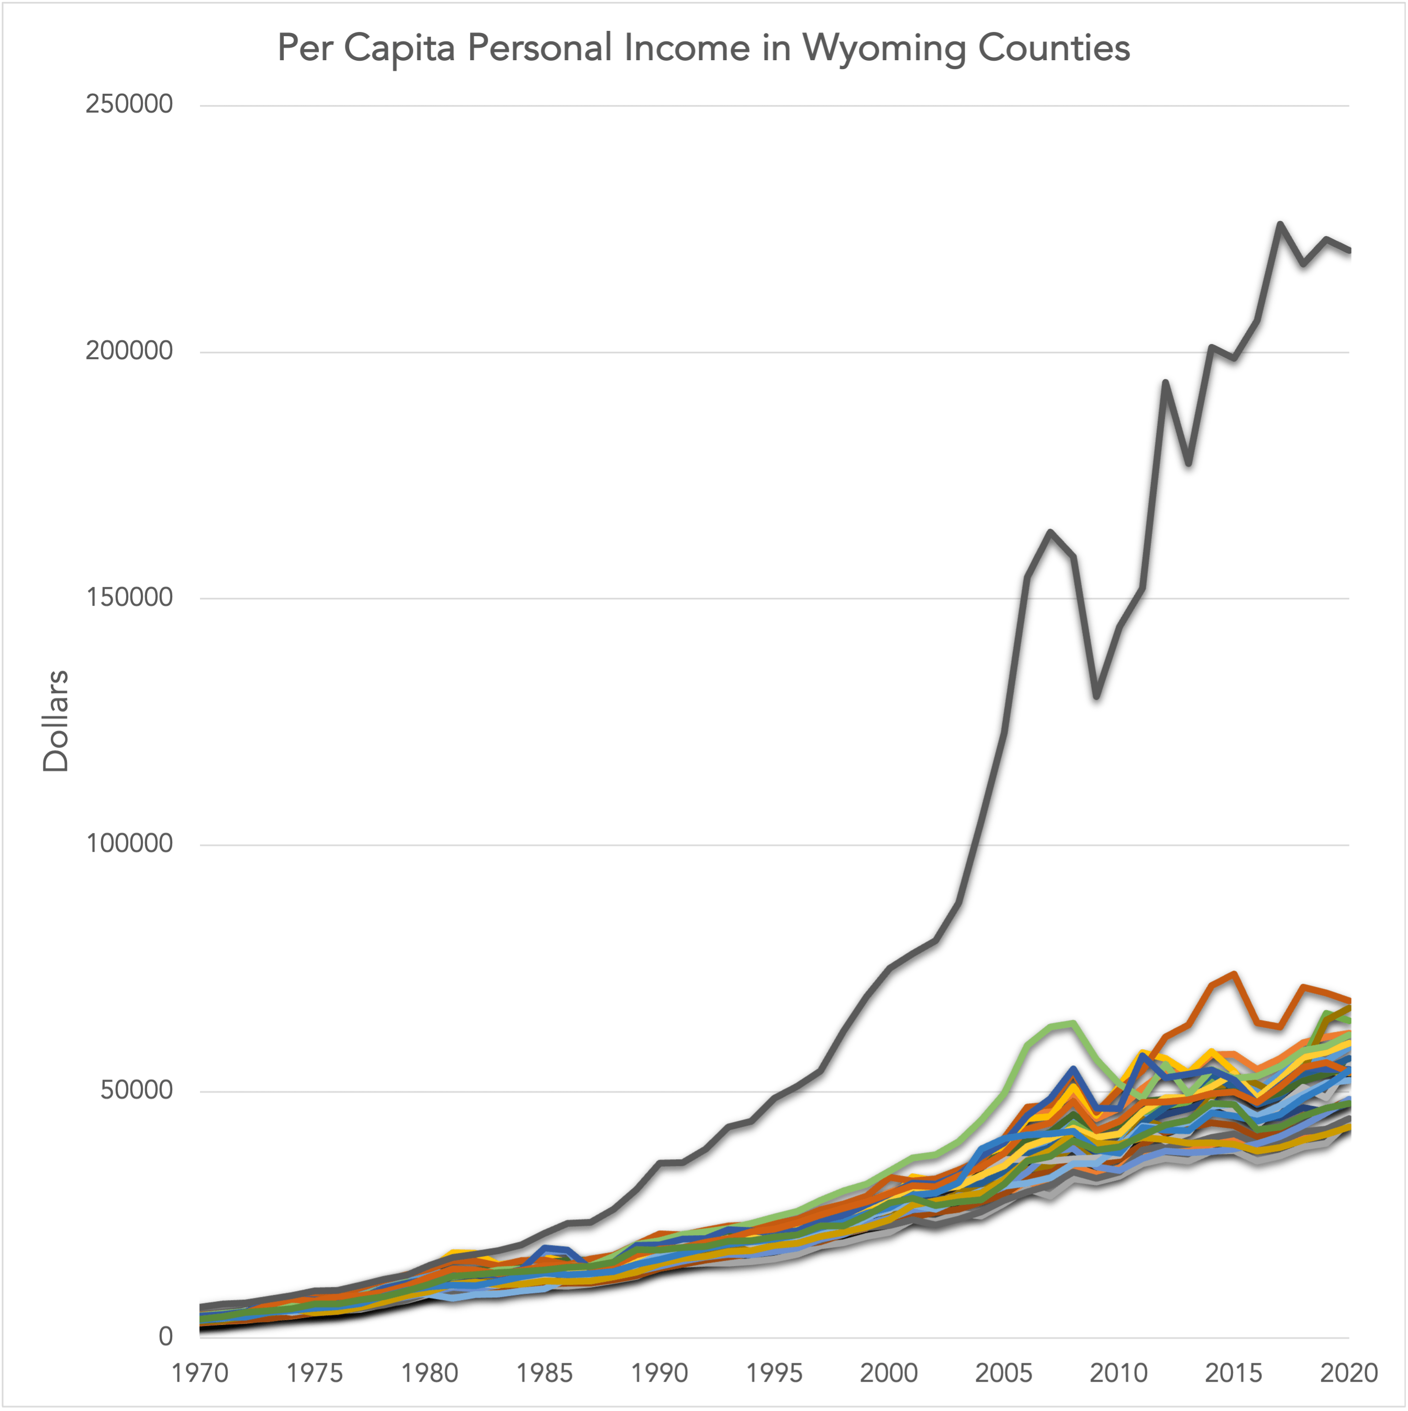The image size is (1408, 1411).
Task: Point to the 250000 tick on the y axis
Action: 129,104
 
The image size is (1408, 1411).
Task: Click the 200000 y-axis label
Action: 129,351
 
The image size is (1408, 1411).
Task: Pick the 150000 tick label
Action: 129,597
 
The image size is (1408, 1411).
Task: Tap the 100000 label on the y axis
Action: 129,843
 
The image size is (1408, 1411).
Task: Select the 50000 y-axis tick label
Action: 137,1091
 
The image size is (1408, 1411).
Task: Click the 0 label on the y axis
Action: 166,1337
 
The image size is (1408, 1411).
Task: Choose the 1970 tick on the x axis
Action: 199,1373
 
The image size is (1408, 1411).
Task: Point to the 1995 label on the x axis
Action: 774,1373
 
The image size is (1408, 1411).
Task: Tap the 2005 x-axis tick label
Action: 1004,1373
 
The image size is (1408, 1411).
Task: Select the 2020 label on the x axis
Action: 1349,1373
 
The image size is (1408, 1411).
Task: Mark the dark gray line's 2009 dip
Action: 1096,696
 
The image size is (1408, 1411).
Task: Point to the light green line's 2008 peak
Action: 1072,1023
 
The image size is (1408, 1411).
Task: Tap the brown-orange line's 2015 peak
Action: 1234,974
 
